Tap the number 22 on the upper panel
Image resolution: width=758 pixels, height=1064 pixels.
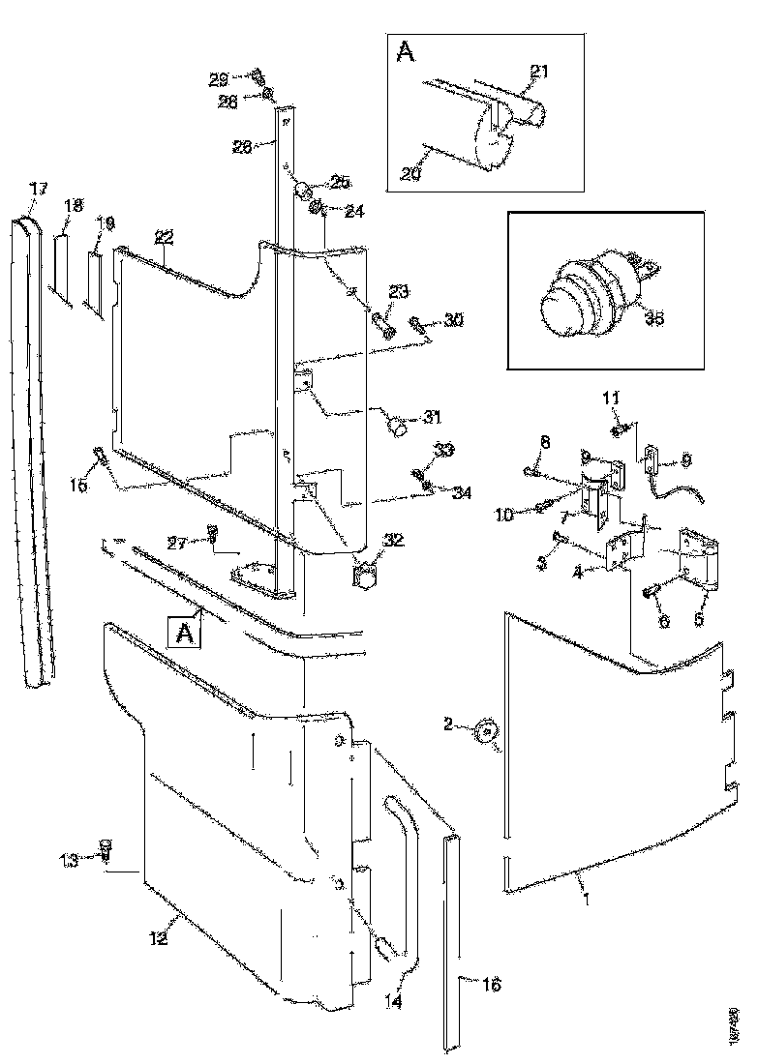coord(164,238)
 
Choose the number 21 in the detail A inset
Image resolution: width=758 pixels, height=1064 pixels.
coord(539,72)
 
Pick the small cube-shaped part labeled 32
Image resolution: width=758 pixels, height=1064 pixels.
coord(365,575)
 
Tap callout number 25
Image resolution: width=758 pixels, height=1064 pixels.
coord(340,182)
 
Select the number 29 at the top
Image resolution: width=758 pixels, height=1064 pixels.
coord(220,77)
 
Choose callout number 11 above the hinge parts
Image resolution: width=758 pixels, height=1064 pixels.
coord(611,398)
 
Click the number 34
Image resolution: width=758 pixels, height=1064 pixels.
coord(462,491)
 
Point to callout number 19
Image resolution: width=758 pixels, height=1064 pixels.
coord(106,223)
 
